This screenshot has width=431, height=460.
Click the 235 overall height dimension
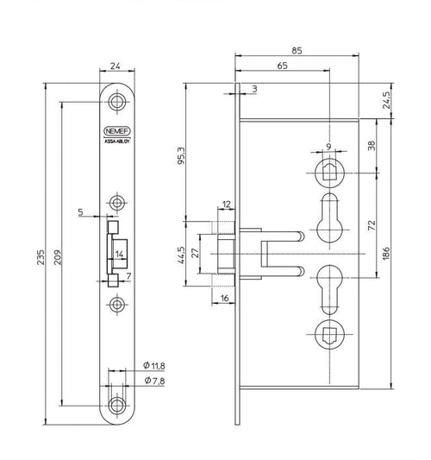41,257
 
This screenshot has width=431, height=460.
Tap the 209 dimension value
58,257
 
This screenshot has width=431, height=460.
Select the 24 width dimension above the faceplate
116,66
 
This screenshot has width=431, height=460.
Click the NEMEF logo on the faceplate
117,131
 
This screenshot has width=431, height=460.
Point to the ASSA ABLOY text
117,142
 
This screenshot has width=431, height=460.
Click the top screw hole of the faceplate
117,102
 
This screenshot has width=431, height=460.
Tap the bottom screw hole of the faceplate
117,406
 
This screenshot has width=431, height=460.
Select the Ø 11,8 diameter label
154,366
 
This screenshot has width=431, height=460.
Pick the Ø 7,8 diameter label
154,381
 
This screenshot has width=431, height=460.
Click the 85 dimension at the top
297,51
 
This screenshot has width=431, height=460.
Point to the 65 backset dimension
282,66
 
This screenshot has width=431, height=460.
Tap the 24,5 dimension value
387,100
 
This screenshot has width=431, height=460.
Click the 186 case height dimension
386,253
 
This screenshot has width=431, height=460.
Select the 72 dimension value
372,225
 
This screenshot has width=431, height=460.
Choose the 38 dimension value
372,146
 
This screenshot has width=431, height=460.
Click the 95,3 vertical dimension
182,155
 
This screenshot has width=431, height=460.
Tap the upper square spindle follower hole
329,173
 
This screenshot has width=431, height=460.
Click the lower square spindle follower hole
329,335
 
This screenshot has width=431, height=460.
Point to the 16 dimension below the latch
224,299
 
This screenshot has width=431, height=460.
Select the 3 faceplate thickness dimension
254,89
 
